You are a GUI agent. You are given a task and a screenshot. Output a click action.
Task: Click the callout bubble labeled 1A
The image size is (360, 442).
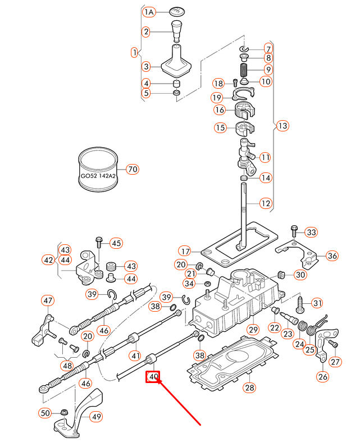tap(149, 12)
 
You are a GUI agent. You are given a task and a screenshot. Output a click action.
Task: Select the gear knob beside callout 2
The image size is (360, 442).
tap(177, 31)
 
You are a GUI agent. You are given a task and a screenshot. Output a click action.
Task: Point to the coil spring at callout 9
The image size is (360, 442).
tap(244, 70)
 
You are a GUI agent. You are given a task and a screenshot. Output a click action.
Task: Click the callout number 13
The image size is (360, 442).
tap(282, 126)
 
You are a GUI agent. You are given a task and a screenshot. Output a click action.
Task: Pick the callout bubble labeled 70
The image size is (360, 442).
tap(133, 169)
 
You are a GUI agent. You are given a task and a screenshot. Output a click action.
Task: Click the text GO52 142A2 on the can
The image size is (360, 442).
tap(98, 176)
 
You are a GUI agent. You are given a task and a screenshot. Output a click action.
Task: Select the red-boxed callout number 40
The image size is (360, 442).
tap(153, 377)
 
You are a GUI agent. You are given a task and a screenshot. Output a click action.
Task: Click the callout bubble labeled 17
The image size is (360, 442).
tap(185, 251)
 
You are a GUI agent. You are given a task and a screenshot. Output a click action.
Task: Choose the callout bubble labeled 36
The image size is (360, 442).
tap(332, 256)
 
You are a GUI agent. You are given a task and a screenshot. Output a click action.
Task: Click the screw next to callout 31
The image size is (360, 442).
tap(300, 305)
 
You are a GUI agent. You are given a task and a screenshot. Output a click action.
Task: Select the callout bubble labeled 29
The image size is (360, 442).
tap(253, 329)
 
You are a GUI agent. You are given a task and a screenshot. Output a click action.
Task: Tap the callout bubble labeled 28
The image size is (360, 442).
tap(249, 388)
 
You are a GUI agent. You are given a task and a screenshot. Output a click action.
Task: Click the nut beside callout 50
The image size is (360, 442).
tap(64, 412)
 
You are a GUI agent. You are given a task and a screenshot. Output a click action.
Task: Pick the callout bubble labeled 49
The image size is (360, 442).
tap(97, 416)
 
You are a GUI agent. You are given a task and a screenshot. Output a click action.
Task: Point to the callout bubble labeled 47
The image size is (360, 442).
tap(48, 300)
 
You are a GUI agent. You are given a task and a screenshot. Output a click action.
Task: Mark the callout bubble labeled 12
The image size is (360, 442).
tap(266, 203)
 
